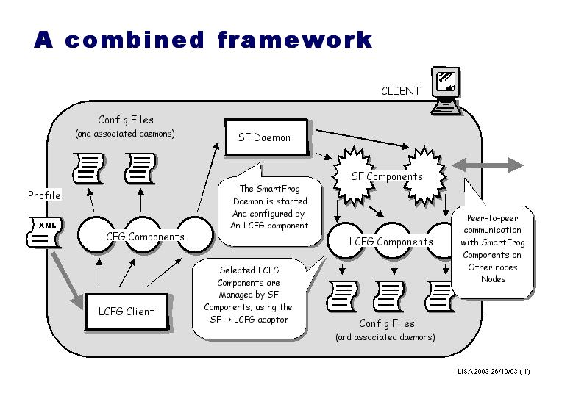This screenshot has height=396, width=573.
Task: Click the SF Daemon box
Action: pyautogui.click(x=265, y=137)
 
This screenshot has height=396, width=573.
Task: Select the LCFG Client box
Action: pyautogui.click(x=127, y=311)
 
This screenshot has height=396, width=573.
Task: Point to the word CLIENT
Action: pyautogui.click(x=401, y=91)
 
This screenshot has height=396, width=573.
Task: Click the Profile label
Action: pyautogui.click(x=44, y=195)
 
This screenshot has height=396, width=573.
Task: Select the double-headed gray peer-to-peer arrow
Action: pyautogui.click(x=488, y=165)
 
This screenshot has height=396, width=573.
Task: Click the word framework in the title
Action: pyautogui.click(x=294, y=40)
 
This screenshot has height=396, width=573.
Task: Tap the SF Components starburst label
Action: pyautogui.click(x=387, y=176)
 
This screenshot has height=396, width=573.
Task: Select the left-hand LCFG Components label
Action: pyautogui.click(x=143, y=237)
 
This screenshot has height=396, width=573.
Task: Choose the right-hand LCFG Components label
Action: pyautogui.click(x=391, y=242)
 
